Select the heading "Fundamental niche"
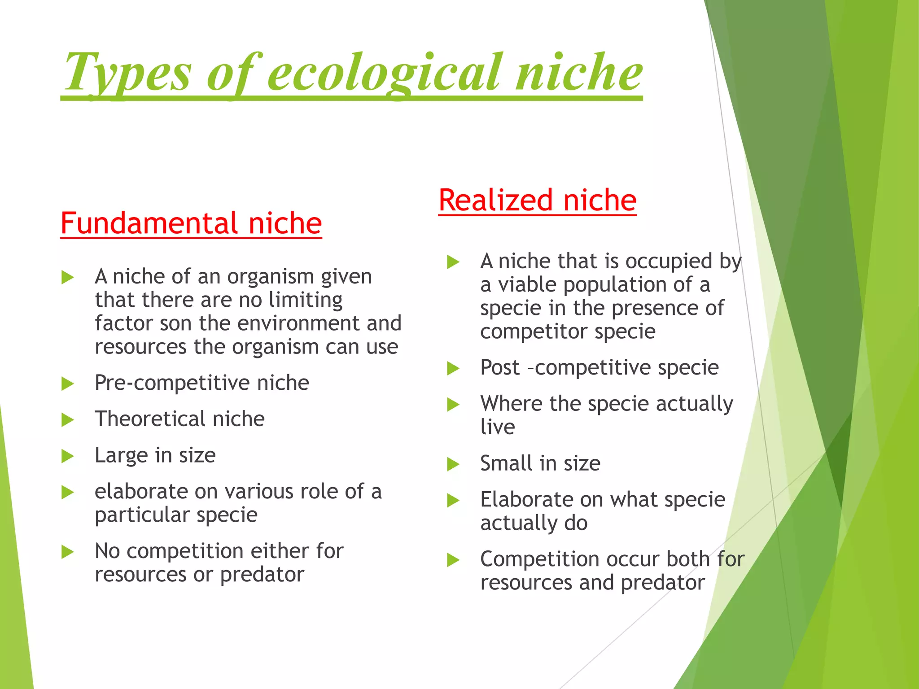(191, 223)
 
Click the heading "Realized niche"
(537, 200)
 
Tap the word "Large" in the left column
(121, 455)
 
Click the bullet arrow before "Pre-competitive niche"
(67, 384)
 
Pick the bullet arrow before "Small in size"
(453, 464)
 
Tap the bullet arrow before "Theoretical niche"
(67, 420)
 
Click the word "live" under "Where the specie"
(497, 427)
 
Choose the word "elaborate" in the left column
(141, 492)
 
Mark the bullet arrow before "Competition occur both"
(453, 560)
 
